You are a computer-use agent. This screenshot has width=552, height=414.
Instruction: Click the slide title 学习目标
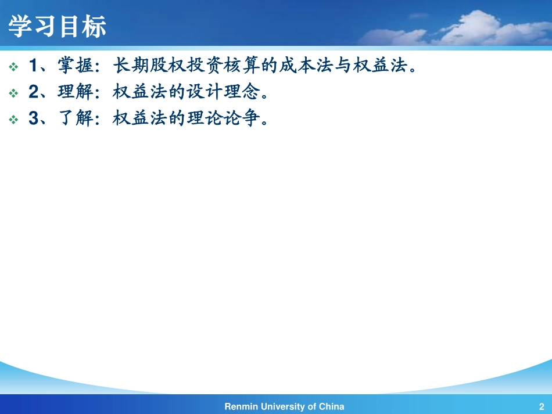point(58,27)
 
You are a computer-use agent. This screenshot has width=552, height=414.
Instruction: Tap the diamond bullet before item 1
point(14,67)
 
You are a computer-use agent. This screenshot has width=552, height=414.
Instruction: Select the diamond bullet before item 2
point(14,93)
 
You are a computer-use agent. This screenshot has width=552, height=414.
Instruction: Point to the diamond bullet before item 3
point(14,120)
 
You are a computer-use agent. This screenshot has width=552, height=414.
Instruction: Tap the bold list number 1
point(34,67)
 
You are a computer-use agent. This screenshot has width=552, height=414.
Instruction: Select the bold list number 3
point(34,119)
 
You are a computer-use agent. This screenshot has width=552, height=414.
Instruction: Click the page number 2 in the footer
point(541,406)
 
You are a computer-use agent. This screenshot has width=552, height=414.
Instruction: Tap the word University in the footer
point(282,406)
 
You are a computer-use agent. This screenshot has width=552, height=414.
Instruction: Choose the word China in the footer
point(332,406)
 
